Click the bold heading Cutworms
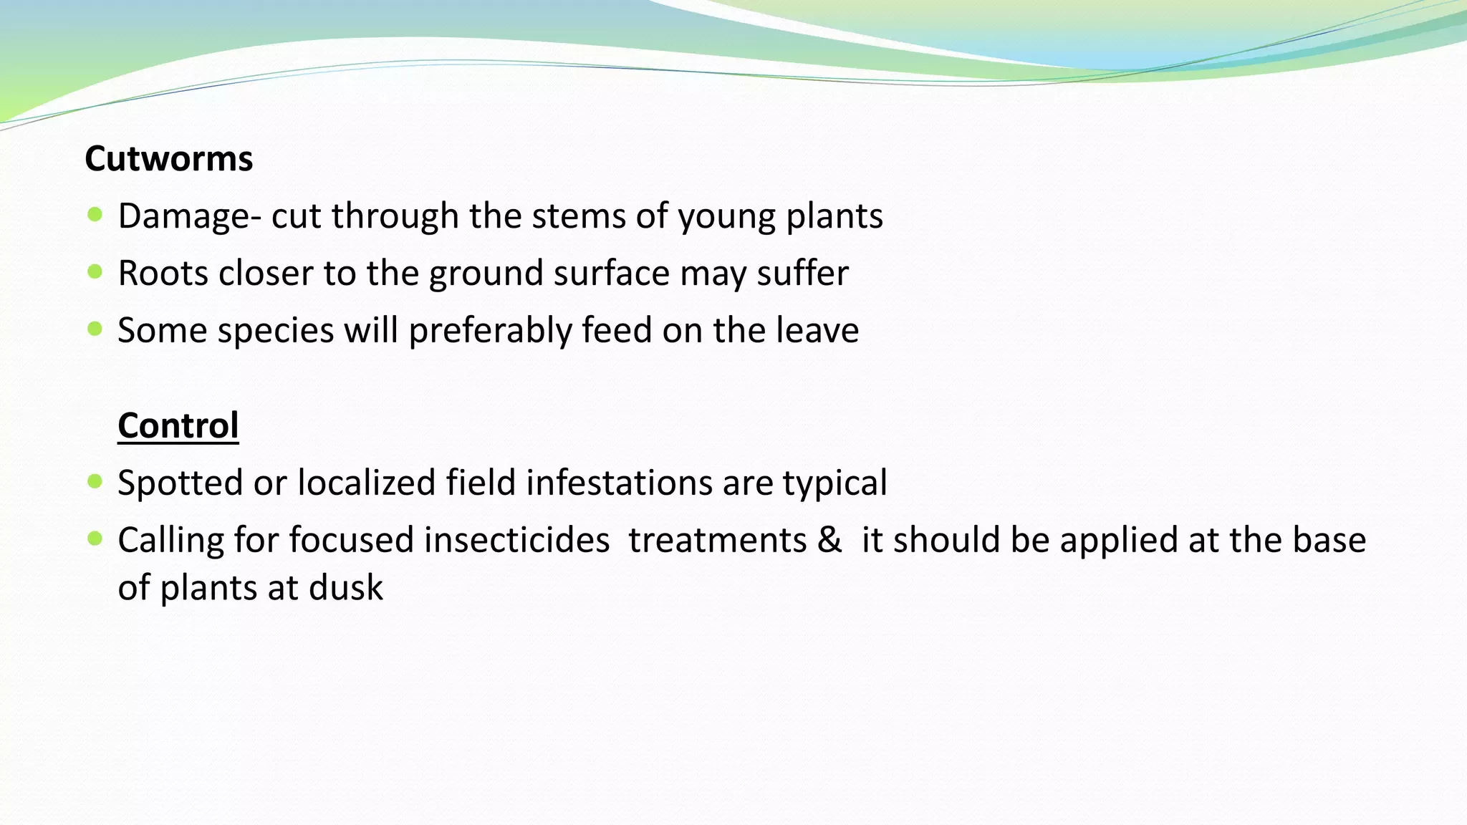[x=168, y=158]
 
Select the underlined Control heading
[x=178, y=425]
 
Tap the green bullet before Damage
[x=95, y=214]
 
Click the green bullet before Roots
[x=95, y=271]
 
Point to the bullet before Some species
[x=95, y=329]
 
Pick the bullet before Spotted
[x=95, y=481]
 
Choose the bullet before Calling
[x=95, y=539]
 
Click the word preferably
[x=489, y=332]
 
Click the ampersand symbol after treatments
[x=829, y=540]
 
